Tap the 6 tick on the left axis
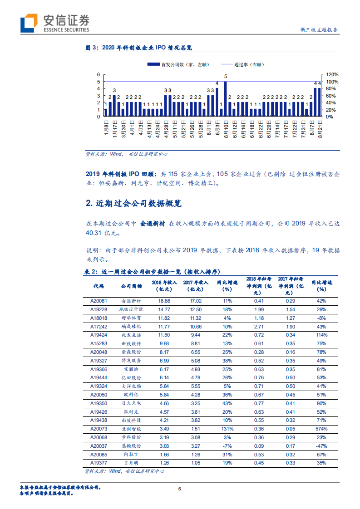pos(98,74)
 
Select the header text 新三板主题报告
pos(319,30)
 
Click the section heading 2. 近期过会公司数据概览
pos(133,204)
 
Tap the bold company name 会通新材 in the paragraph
pos(152,224)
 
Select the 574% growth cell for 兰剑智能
pos(321,429)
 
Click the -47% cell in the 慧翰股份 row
pos(321,446)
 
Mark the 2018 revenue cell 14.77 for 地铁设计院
pos(164,309)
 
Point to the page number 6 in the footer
pos(180,489)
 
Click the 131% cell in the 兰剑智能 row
pos(227,429)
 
